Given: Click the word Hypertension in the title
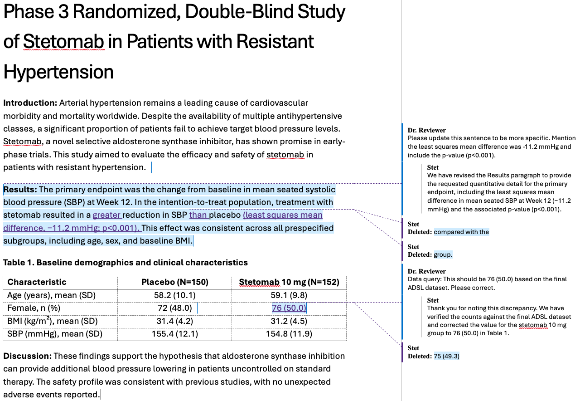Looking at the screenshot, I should [58, 72].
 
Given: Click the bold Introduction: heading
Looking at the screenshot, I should [30, 103].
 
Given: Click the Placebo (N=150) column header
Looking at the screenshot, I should [174, 282].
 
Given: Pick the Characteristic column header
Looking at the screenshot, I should [37, 282].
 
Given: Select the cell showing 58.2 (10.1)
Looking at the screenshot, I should [174, 295].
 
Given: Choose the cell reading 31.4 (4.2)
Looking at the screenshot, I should [174, 321].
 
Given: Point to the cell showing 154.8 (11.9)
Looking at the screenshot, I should [289, 334].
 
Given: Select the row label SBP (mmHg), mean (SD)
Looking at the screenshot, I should [55, 334].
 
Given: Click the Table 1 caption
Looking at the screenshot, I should [126, 263].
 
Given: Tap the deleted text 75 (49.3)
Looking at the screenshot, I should [446, 356].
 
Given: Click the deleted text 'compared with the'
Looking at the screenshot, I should [461, 232].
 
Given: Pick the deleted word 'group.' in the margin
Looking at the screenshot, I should [443, 254].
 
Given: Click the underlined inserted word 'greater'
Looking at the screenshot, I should [107, 215].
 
